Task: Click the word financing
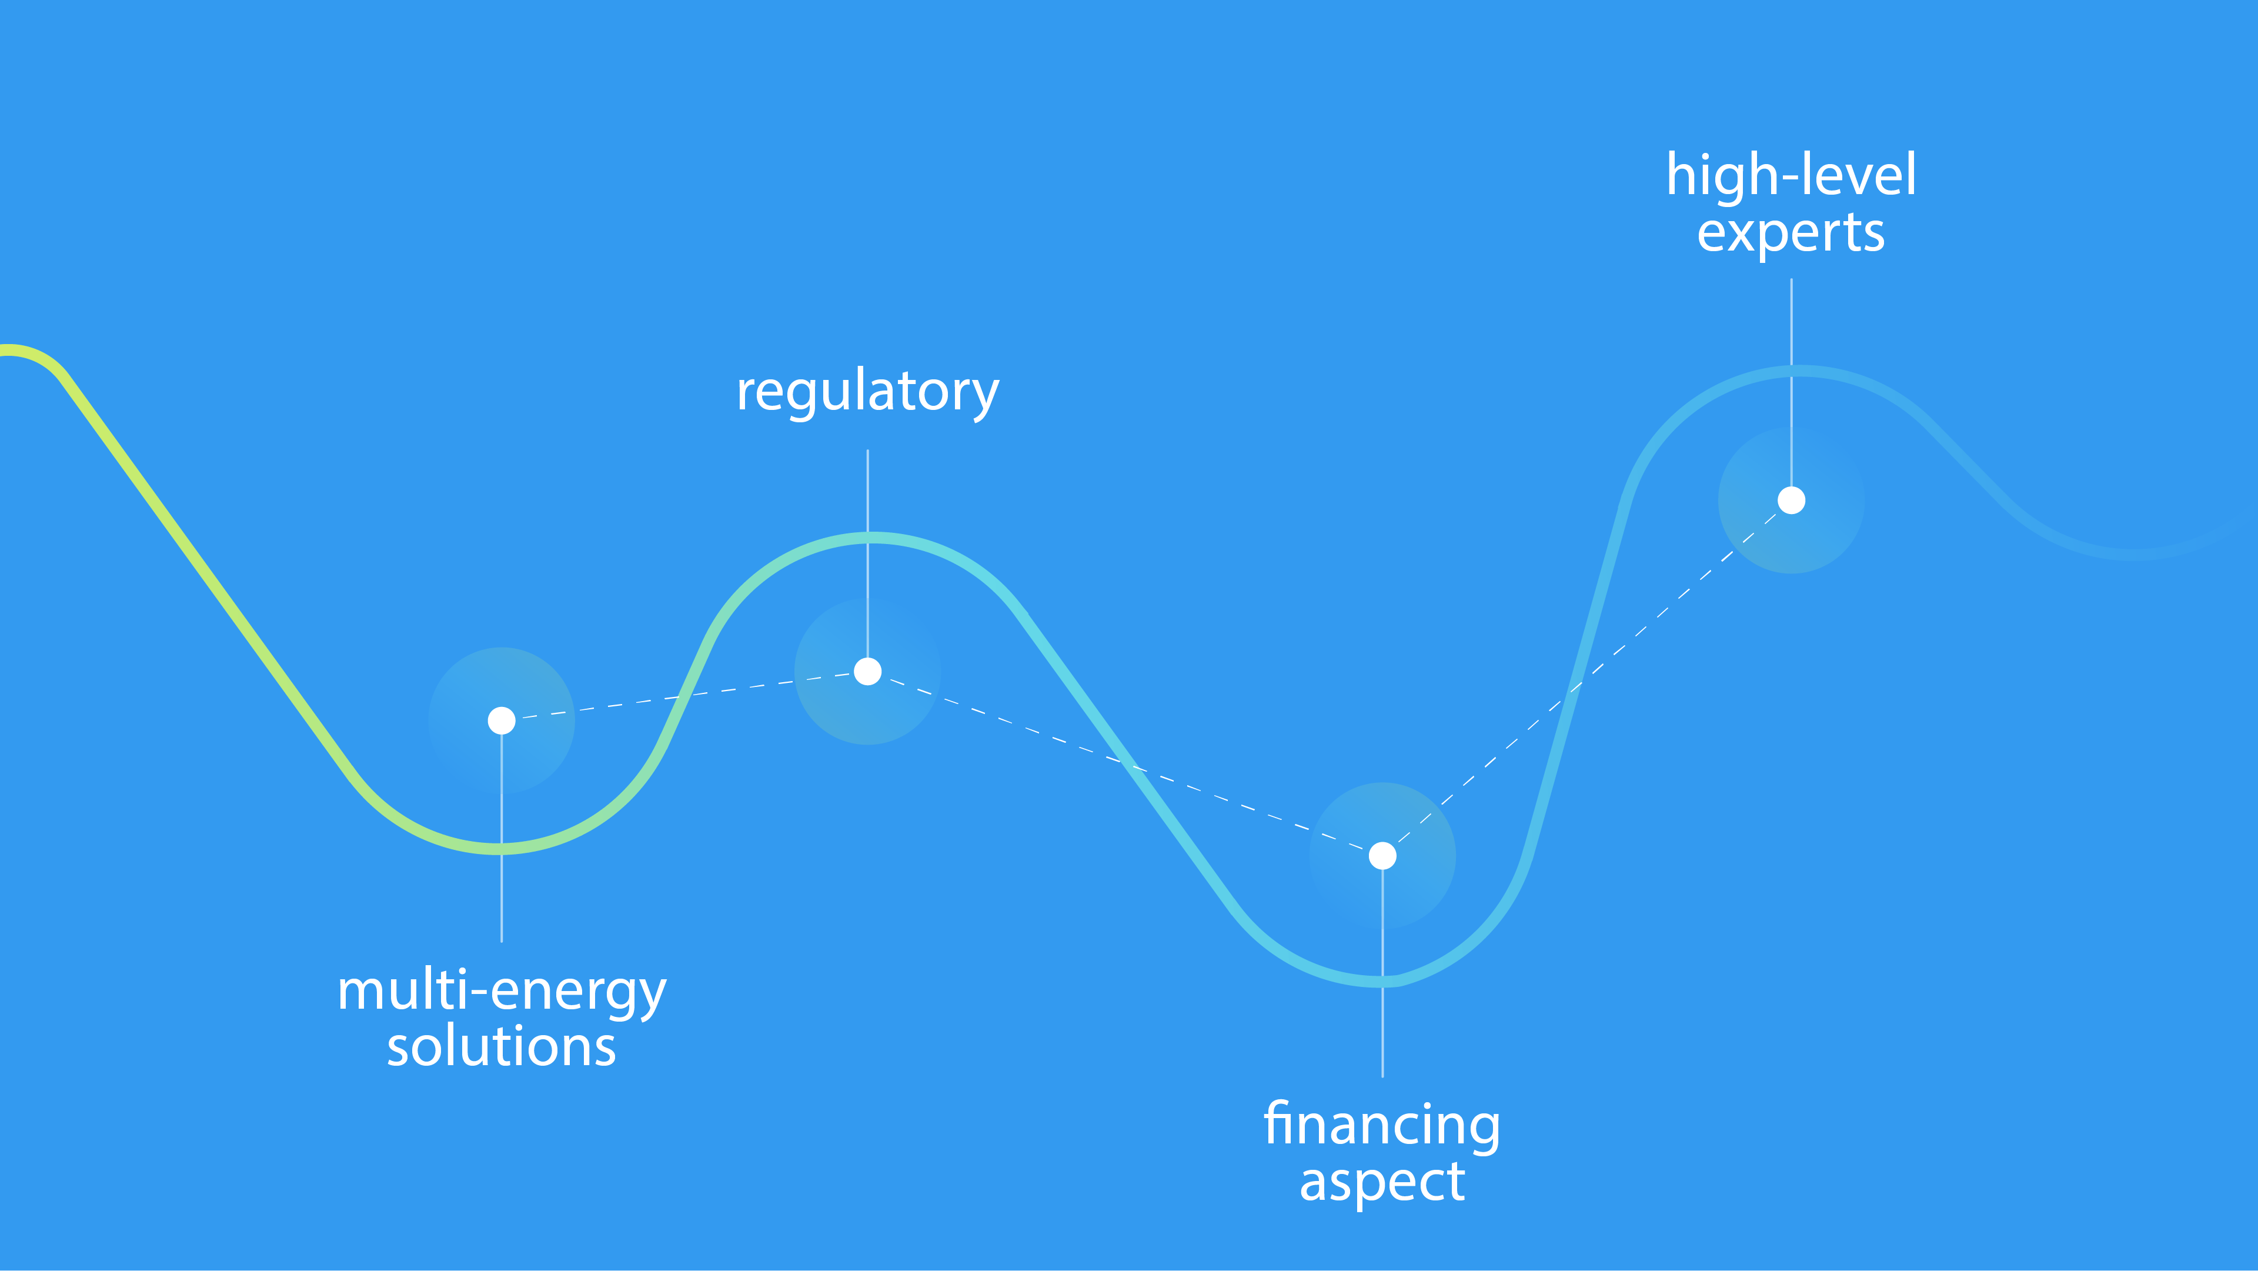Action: click(x=1382, y=1126)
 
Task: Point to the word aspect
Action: click(x=1382, y=1183)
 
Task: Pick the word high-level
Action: click(x=1792, y=175)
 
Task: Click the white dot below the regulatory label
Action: click(x=868, y=672)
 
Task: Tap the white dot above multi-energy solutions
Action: click(x=502, y=720)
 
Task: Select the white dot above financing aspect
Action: click(x=1382, y=856)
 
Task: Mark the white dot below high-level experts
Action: click(x=1792, y=501)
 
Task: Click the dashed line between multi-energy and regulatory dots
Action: click(x=684, y=696)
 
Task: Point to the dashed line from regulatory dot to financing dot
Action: click(x=1125, y=763)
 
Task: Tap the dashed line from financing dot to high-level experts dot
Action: click(x=1586, y=679)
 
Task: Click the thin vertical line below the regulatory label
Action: click(x=868, y=553)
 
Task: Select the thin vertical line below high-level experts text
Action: click(x=1792, y=382)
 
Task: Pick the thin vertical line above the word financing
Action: click(x=1382, y=973)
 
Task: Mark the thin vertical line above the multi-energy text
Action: click(x=502, y=838)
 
